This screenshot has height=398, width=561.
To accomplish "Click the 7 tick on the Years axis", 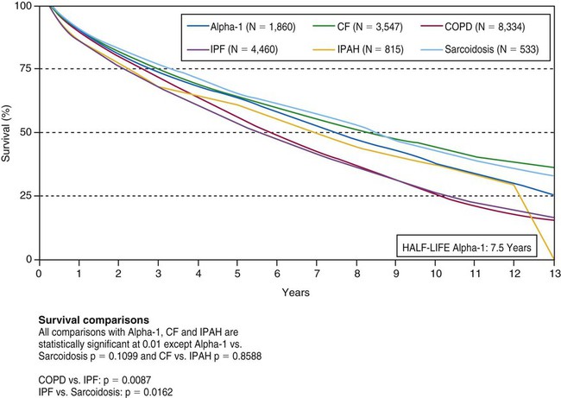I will pos(317,271).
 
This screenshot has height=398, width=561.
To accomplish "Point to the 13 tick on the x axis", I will pos(553,271).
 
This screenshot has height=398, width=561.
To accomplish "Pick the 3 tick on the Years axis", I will pos(158,271).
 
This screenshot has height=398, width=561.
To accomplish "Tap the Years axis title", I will pos(296,292).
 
